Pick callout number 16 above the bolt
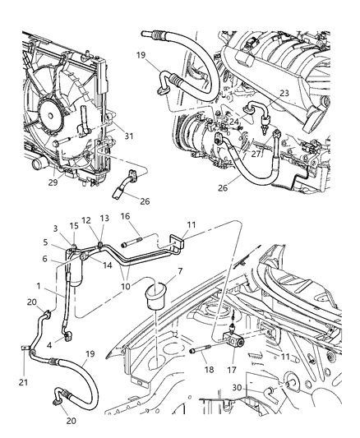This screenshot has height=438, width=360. [x=126, y=216]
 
